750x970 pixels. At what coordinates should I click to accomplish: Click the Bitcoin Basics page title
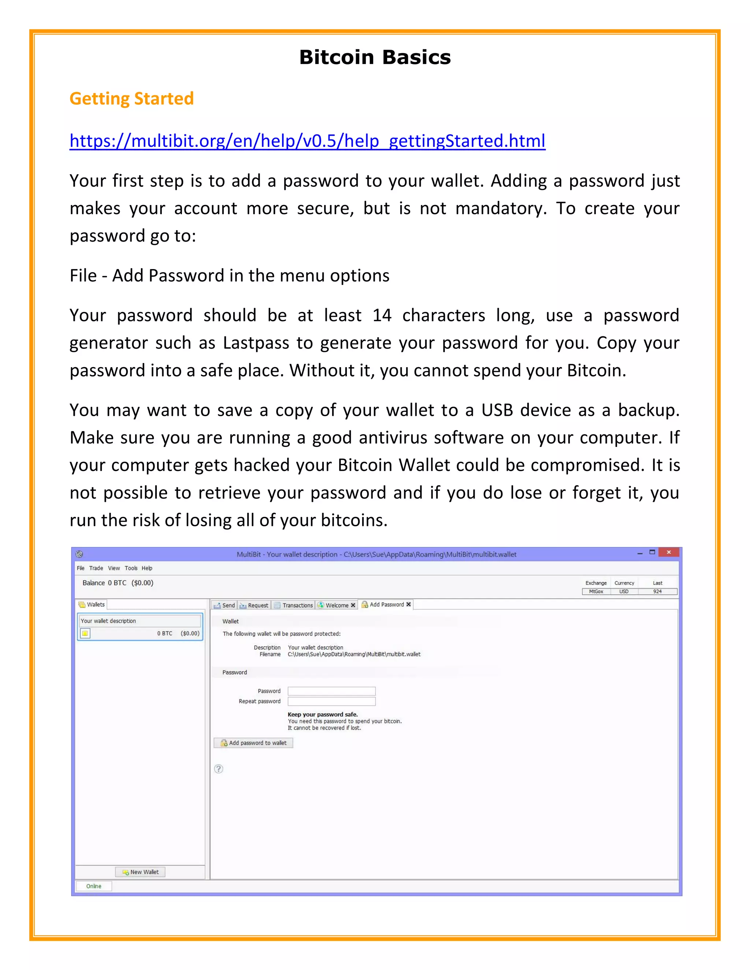pyautogui.click(x=375, y=57)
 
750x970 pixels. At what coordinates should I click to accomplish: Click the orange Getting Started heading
pyautogui.click(x=131, y=98)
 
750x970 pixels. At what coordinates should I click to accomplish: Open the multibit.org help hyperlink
pyautogui.click(x=307, y=141)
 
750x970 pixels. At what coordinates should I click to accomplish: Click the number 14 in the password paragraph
pyautogui.click(x=382, y=315)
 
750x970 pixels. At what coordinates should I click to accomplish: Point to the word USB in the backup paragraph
pyautogui.click(x=497, y=410)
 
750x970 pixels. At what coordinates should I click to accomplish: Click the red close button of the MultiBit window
pyautogui.click(x=668, y=552)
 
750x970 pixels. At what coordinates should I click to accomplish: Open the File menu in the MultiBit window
pyautogui.click(x=81, y=568)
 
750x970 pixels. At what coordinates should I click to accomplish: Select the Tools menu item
pyautogui.click(x=131, y=568)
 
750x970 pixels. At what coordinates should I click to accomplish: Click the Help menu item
pyautogui.click(x=146, y=568)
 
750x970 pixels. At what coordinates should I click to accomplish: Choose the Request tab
pyautogui.click(x=254, y=605)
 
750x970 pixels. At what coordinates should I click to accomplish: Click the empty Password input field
pyautogui.click(x=331, y=691)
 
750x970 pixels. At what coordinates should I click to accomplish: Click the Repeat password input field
pyautogui.click(x=331, y=701)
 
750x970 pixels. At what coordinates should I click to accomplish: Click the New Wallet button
pyautogui.click(x=140, y=872)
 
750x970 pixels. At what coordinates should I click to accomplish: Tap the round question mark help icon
pyautogui.click(x=219, y=769)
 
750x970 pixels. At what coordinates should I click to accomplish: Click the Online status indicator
pyautogui.click(x=94, y=886)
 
